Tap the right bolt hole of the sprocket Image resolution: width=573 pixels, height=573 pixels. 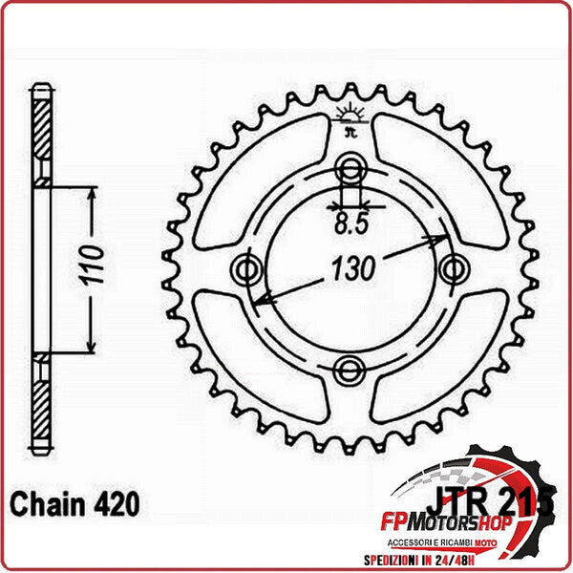(450, 270)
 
